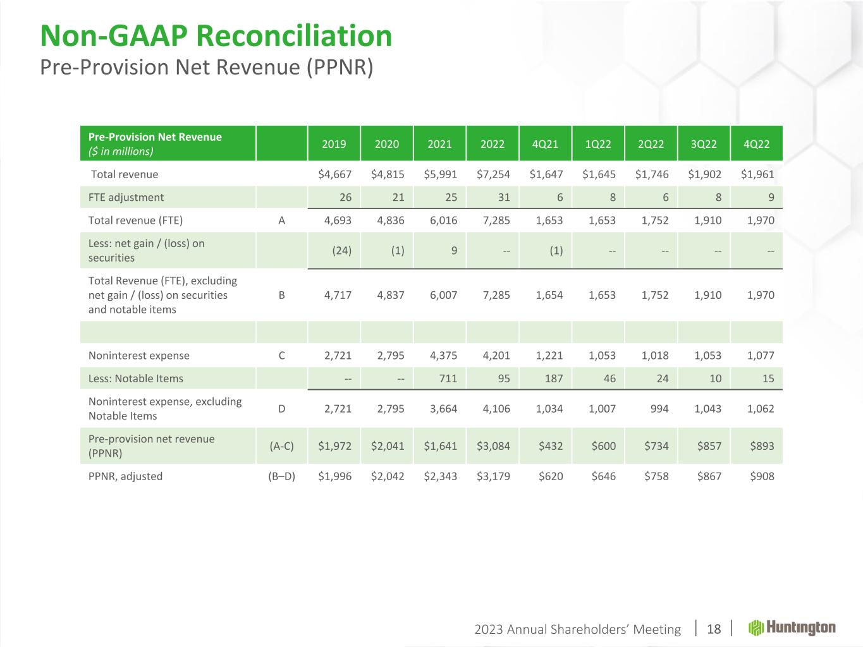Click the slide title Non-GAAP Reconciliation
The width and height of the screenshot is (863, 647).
click(x=216, y=36)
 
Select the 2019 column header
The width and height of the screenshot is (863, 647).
click(x=334, y=143)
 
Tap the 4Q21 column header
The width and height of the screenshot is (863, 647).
click(x=545, y=143)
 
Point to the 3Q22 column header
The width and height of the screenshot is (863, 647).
click(x=704, y=143)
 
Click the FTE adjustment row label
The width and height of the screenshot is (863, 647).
click(x=126, y=197)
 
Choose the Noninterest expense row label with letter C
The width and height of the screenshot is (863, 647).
click(x=139, y=355)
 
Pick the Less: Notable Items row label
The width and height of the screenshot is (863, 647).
click(x=136, y=378)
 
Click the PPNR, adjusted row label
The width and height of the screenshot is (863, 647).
click(x=125, y=476)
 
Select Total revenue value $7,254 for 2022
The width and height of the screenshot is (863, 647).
click(x=493, y=174)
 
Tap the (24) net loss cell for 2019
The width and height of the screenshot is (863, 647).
click(x=342, y=250)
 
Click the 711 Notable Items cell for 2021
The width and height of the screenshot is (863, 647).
click(x=448, y=378)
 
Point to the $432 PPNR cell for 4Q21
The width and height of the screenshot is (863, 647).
click(x=550, y=445)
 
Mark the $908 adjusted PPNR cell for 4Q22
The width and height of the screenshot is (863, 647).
click(x=761, y=476)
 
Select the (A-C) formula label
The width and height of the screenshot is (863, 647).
click(x=281, y=445)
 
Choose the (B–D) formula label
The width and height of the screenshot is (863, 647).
click(x=281, y=476)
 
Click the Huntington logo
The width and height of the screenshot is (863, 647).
click(x=792, y=627)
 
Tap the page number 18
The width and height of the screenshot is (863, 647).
click(x=714, y=629)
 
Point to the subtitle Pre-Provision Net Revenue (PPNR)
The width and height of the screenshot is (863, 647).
click(x=207, y=67)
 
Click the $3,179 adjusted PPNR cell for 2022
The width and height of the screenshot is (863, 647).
click(x=493, y=476)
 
